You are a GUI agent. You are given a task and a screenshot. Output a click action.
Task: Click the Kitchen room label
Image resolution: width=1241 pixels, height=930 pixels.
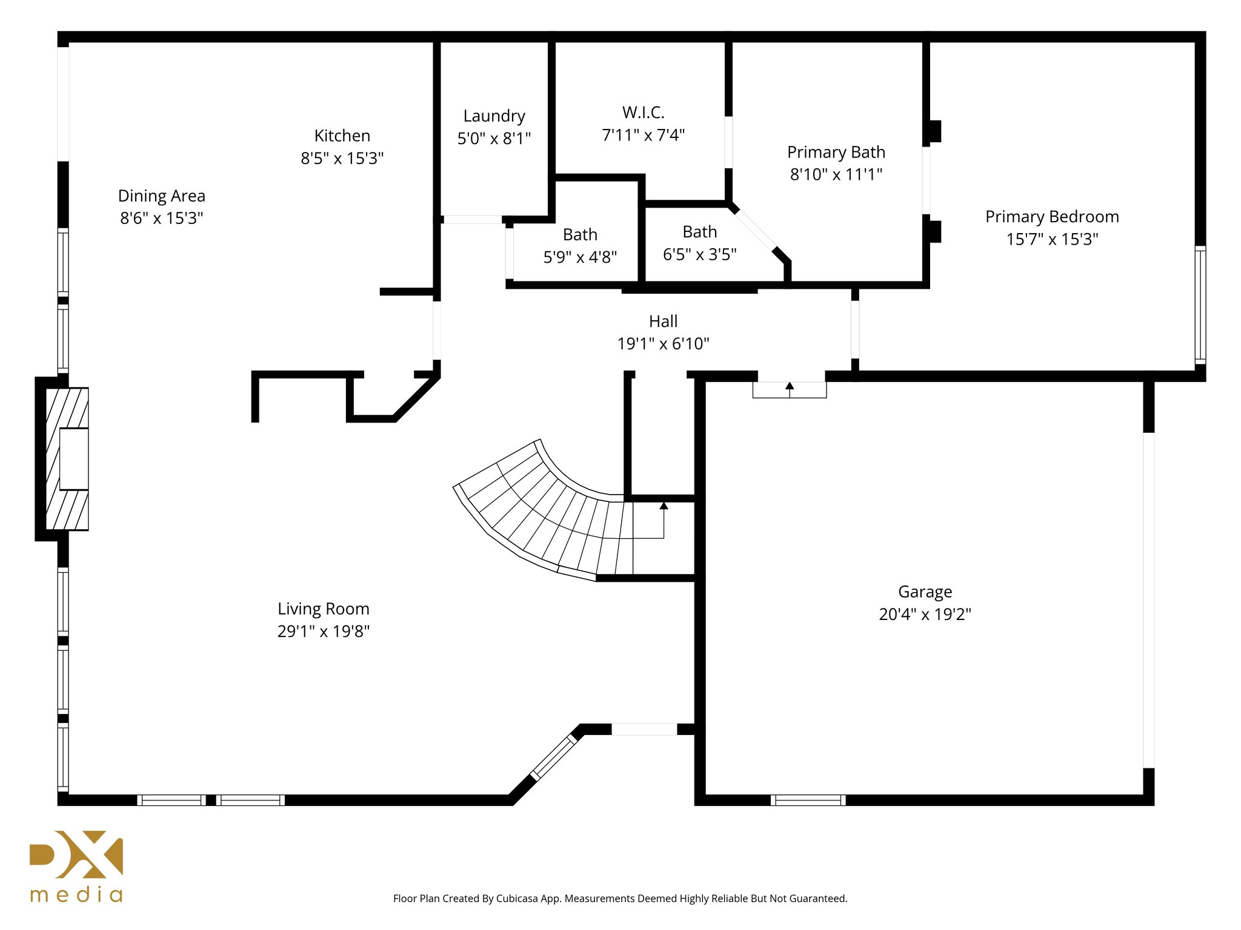pos(342,136)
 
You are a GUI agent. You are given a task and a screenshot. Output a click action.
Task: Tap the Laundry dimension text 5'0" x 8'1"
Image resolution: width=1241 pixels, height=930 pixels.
pos(494,139)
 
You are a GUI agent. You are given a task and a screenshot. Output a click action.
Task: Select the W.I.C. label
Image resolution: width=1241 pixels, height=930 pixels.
pos(643,113)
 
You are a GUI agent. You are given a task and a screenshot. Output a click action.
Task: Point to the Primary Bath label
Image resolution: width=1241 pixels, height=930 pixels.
pos(836,152)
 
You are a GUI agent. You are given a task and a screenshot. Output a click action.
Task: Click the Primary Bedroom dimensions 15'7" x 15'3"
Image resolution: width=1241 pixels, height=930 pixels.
pos(1052,239)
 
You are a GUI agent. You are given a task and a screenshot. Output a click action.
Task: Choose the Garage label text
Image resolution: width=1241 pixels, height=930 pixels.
pos(925,592)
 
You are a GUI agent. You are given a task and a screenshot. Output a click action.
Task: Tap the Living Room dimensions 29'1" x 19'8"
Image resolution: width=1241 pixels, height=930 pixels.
pos(323,632)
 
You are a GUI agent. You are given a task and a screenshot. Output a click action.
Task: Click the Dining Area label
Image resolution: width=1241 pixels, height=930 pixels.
pos(161,196)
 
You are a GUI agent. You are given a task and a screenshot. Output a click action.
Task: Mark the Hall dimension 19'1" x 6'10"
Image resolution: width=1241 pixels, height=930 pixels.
pos(663,344)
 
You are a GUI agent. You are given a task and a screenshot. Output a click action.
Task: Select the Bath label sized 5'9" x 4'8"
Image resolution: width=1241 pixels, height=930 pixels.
pos(580,235)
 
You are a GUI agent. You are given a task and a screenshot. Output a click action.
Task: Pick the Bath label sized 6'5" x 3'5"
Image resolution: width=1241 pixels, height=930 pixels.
pos(699,232)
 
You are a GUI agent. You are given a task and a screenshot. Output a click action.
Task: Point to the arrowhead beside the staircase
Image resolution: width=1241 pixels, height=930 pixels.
pos(664,506)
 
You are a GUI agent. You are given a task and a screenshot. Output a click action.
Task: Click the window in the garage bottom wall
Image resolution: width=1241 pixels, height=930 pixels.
pos(808,800)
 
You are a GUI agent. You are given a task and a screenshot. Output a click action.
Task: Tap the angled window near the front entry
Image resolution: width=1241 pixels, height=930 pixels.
pos(554,757)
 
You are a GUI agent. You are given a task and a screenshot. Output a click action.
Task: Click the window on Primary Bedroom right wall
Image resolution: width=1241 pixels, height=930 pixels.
pos(1200,305)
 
